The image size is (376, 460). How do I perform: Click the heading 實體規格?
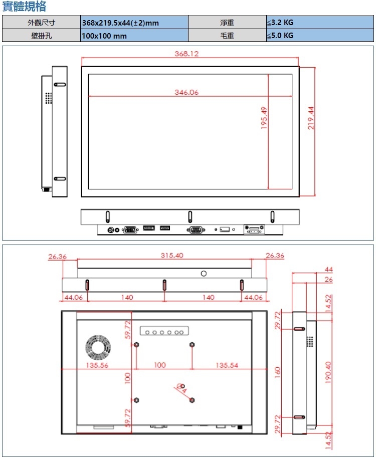click(x=24, y=7)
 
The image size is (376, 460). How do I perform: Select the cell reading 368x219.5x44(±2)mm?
click(x=134, y=23)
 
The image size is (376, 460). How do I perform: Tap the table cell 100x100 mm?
click(x=134, y=36)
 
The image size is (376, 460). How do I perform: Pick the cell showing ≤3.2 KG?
click(x=319, y=23)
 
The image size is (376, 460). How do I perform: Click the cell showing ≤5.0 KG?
click(x=319, y=36)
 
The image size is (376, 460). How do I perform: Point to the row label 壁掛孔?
click(x=41, y=36)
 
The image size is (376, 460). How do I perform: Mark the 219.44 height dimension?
click(x=311, y=118)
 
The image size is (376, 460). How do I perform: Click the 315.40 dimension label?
click(x=172, y=255)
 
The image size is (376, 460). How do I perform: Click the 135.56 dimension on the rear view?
click(x=97, y=365)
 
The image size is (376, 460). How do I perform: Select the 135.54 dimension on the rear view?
click(x=227, y=365)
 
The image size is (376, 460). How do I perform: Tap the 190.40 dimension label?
click(x=328, y=371)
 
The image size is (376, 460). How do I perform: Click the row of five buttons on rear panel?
click(x=164, y=332)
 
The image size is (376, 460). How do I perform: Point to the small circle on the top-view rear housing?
click(x=204, y=273)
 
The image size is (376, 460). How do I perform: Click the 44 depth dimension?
click(x=329, y=270)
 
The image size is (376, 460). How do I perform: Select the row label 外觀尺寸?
click(x=41, y=23)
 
